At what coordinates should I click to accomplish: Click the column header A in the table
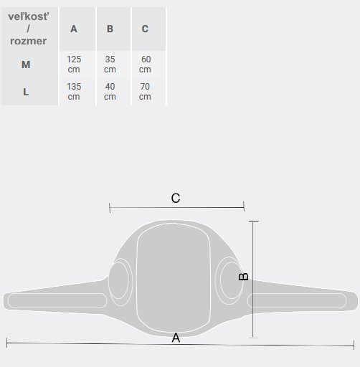click(x=74, y=29)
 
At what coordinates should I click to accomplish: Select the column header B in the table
click(x=110, y=29)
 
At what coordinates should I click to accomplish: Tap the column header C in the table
click(x=145, y=29)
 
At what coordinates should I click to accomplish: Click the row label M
click(x=26, y=65)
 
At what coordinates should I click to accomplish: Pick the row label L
click(x=26, y=92)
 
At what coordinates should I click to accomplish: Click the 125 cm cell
click(x=74, y=65)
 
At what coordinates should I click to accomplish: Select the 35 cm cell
click(x=110, y=65)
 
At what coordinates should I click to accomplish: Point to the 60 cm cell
click(x=145, y=65)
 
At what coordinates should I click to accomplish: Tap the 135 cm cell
click(x=74, y=92)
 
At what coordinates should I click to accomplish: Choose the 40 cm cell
click(x=110, y=92)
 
